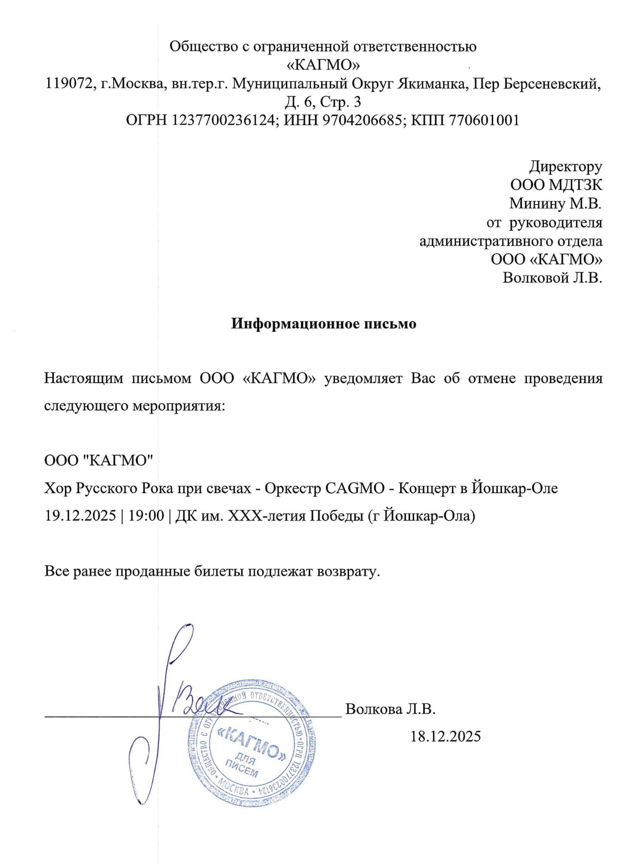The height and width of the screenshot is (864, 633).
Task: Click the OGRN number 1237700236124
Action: pyautogui.click(x=223, y=120)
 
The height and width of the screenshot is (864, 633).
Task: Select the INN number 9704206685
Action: pyautogui.click(x=361, y=120)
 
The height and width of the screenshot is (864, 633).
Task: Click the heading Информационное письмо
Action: pyautogui.click(x=323, y=324)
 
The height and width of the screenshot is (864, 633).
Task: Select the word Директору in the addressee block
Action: pyautogui.click(x=566, y=167)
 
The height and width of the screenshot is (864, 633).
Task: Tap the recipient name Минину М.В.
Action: pyautogui.click(x=556, y=203)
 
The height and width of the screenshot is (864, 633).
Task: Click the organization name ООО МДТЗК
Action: pyautogui.click(x=556, y=185)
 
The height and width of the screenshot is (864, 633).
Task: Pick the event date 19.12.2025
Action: pyautogui.click(x=81, y=516)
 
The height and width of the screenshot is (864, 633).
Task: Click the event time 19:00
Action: pyautogui.click(x=146, y=516)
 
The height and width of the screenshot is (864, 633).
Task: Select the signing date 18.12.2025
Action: pyautogui.click(x=445, y=736)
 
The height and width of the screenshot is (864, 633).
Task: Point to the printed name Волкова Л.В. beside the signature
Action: pyautogui.click(x=390, y=709)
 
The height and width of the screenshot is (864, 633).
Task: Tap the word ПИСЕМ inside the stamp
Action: pyautogui.click(x=242, y=770)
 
